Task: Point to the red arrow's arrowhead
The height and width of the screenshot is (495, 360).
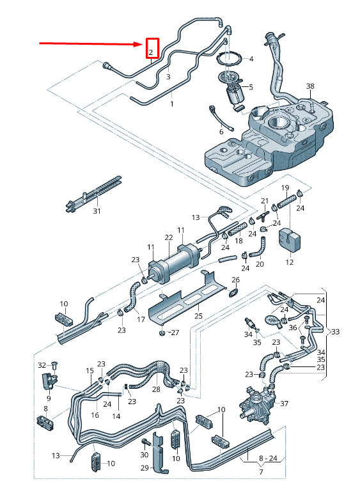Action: (139, 44)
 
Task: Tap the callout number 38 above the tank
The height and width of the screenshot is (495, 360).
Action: (310, 86)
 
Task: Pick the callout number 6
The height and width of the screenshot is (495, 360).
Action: (221, 131)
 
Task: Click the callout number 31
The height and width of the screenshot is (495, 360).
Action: (97, 211)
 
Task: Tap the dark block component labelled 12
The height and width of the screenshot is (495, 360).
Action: (289, 239)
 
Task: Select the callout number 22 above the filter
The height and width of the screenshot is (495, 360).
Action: (169, 237)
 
